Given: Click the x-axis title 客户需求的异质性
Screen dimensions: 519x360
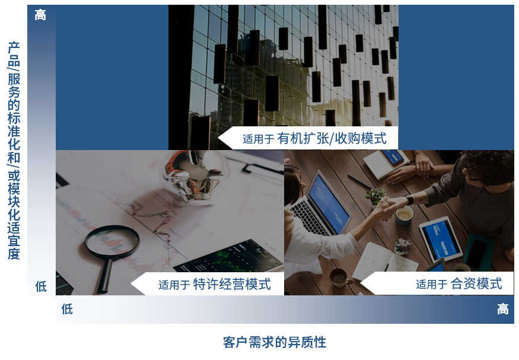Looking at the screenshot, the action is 275,342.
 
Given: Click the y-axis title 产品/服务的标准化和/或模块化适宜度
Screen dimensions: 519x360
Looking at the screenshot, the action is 14,151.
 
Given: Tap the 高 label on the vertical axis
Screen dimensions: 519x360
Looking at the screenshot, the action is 40,15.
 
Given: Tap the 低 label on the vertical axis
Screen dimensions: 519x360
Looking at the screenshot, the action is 41,286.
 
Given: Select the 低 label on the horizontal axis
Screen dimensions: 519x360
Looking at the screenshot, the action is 67,309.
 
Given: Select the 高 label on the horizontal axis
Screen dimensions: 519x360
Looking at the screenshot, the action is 503,309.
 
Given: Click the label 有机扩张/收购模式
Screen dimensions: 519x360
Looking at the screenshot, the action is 332,138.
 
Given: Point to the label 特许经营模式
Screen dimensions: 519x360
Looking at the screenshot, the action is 232,284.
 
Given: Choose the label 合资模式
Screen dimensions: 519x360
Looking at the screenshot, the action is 476,284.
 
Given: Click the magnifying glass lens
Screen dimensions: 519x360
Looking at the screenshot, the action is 112,242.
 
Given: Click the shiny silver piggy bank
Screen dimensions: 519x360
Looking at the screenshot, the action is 195,176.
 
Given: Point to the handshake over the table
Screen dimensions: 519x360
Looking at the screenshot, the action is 388,206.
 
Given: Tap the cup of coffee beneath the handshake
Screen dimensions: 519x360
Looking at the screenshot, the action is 405,216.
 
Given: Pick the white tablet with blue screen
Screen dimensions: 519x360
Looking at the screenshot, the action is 441,239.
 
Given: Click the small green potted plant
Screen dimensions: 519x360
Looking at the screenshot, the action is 375,196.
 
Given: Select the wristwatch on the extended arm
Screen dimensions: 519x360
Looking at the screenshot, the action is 410,200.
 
